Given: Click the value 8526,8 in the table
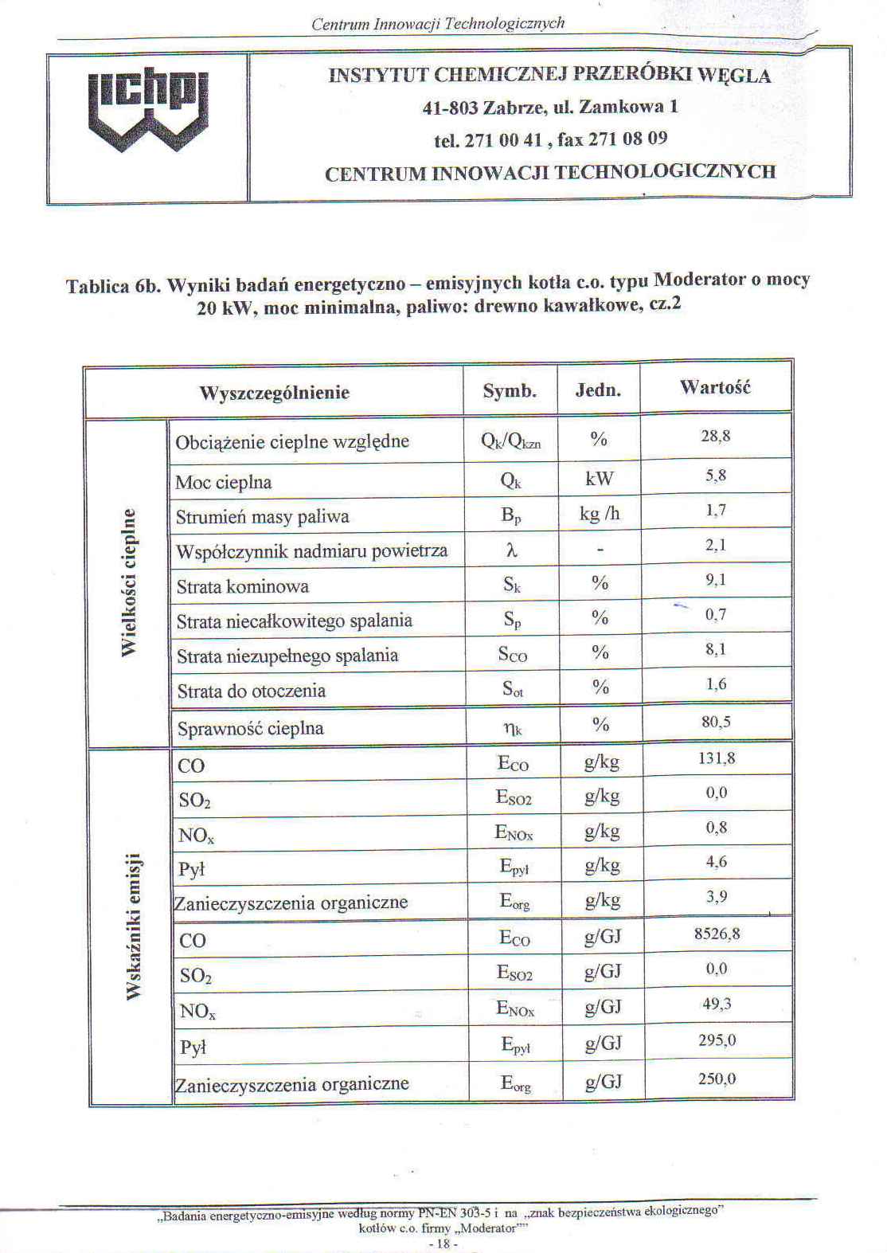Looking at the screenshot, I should click(717, 934).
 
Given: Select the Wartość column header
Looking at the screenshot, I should click(715, 388).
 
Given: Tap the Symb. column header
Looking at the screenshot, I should click(510, 391).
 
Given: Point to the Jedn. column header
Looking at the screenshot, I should click(598, 390).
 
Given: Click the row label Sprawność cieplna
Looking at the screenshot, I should click(250, 728).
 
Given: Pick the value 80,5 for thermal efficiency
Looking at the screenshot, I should click(716, 722).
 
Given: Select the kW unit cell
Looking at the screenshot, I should click(600, 478).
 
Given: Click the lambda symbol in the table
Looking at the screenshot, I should click(511, 550).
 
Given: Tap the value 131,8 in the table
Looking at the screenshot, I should click(717, 758).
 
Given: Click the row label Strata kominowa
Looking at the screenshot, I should click(243, 587).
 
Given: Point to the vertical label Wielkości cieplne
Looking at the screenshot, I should click(129, 582).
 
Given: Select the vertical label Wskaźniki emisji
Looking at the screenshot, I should click(133, 925).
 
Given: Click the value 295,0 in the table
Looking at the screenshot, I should click(717, 1040).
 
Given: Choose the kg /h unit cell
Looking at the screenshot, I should click(600, 515).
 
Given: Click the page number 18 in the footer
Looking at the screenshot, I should click(443, 1243).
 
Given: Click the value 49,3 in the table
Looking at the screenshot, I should click(717, 1004).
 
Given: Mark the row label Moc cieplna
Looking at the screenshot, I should click(224, 483).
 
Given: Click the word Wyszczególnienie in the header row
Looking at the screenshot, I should click(274, 393).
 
